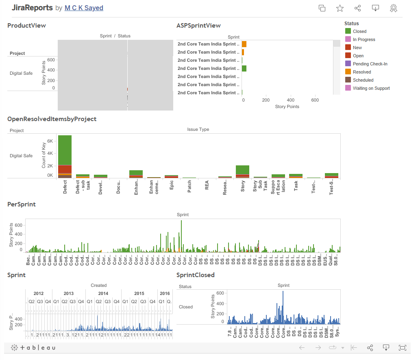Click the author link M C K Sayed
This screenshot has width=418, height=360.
84,8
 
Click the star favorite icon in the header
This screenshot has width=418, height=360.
340,8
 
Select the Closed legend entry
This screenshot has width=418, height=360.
359,31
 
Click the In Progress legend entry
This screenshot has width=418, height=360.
364,39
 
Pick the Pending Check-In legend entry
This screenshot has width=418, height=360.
370,64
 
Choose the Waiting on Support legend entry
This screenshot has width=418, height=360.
371,88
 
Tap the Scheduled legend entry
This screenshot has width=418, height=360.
363,80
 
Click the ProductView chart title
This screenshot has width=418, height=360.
26,26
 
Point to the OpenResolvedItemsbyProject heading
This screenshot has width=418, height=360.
52,119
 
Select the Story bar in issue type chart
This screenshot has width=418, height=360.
242,171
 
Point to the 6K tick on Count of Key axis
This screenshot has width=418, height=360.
50,141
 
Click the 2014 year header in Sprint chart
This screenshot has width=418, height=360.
103,293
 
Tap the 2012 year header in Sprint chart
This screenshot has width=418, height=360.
39,293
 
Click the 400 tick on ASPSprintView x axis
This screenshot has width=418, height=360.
290,100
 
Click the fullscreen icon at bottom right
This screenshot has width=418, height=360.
403,348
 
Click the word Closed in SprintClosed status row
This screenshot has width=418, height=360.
186,307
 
